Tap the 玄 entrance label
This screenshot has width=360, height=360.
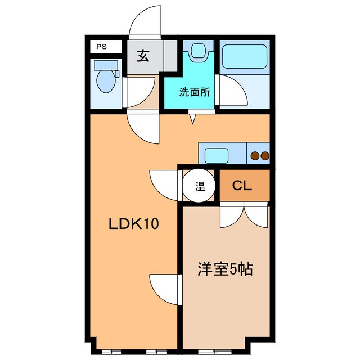tap(143, 57)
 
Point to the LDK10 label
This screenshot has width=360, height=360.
tap(134, 224)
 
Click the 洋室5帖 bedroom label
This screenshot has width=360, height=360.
tap(224, 269)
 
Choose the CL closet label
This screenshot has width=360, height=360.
tap(244, 185)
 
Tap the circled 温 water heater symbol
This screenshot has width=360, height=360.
tap(200, 185)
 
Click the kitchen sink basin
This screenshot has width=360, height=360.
tap(216, 154)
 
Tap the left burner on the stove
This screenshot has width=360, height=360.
tap(254, 155)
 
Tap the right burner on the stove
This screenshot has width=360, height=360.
tap(264, 155)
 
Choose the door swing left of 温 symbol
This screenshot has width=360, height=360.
tap(164, 184)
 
